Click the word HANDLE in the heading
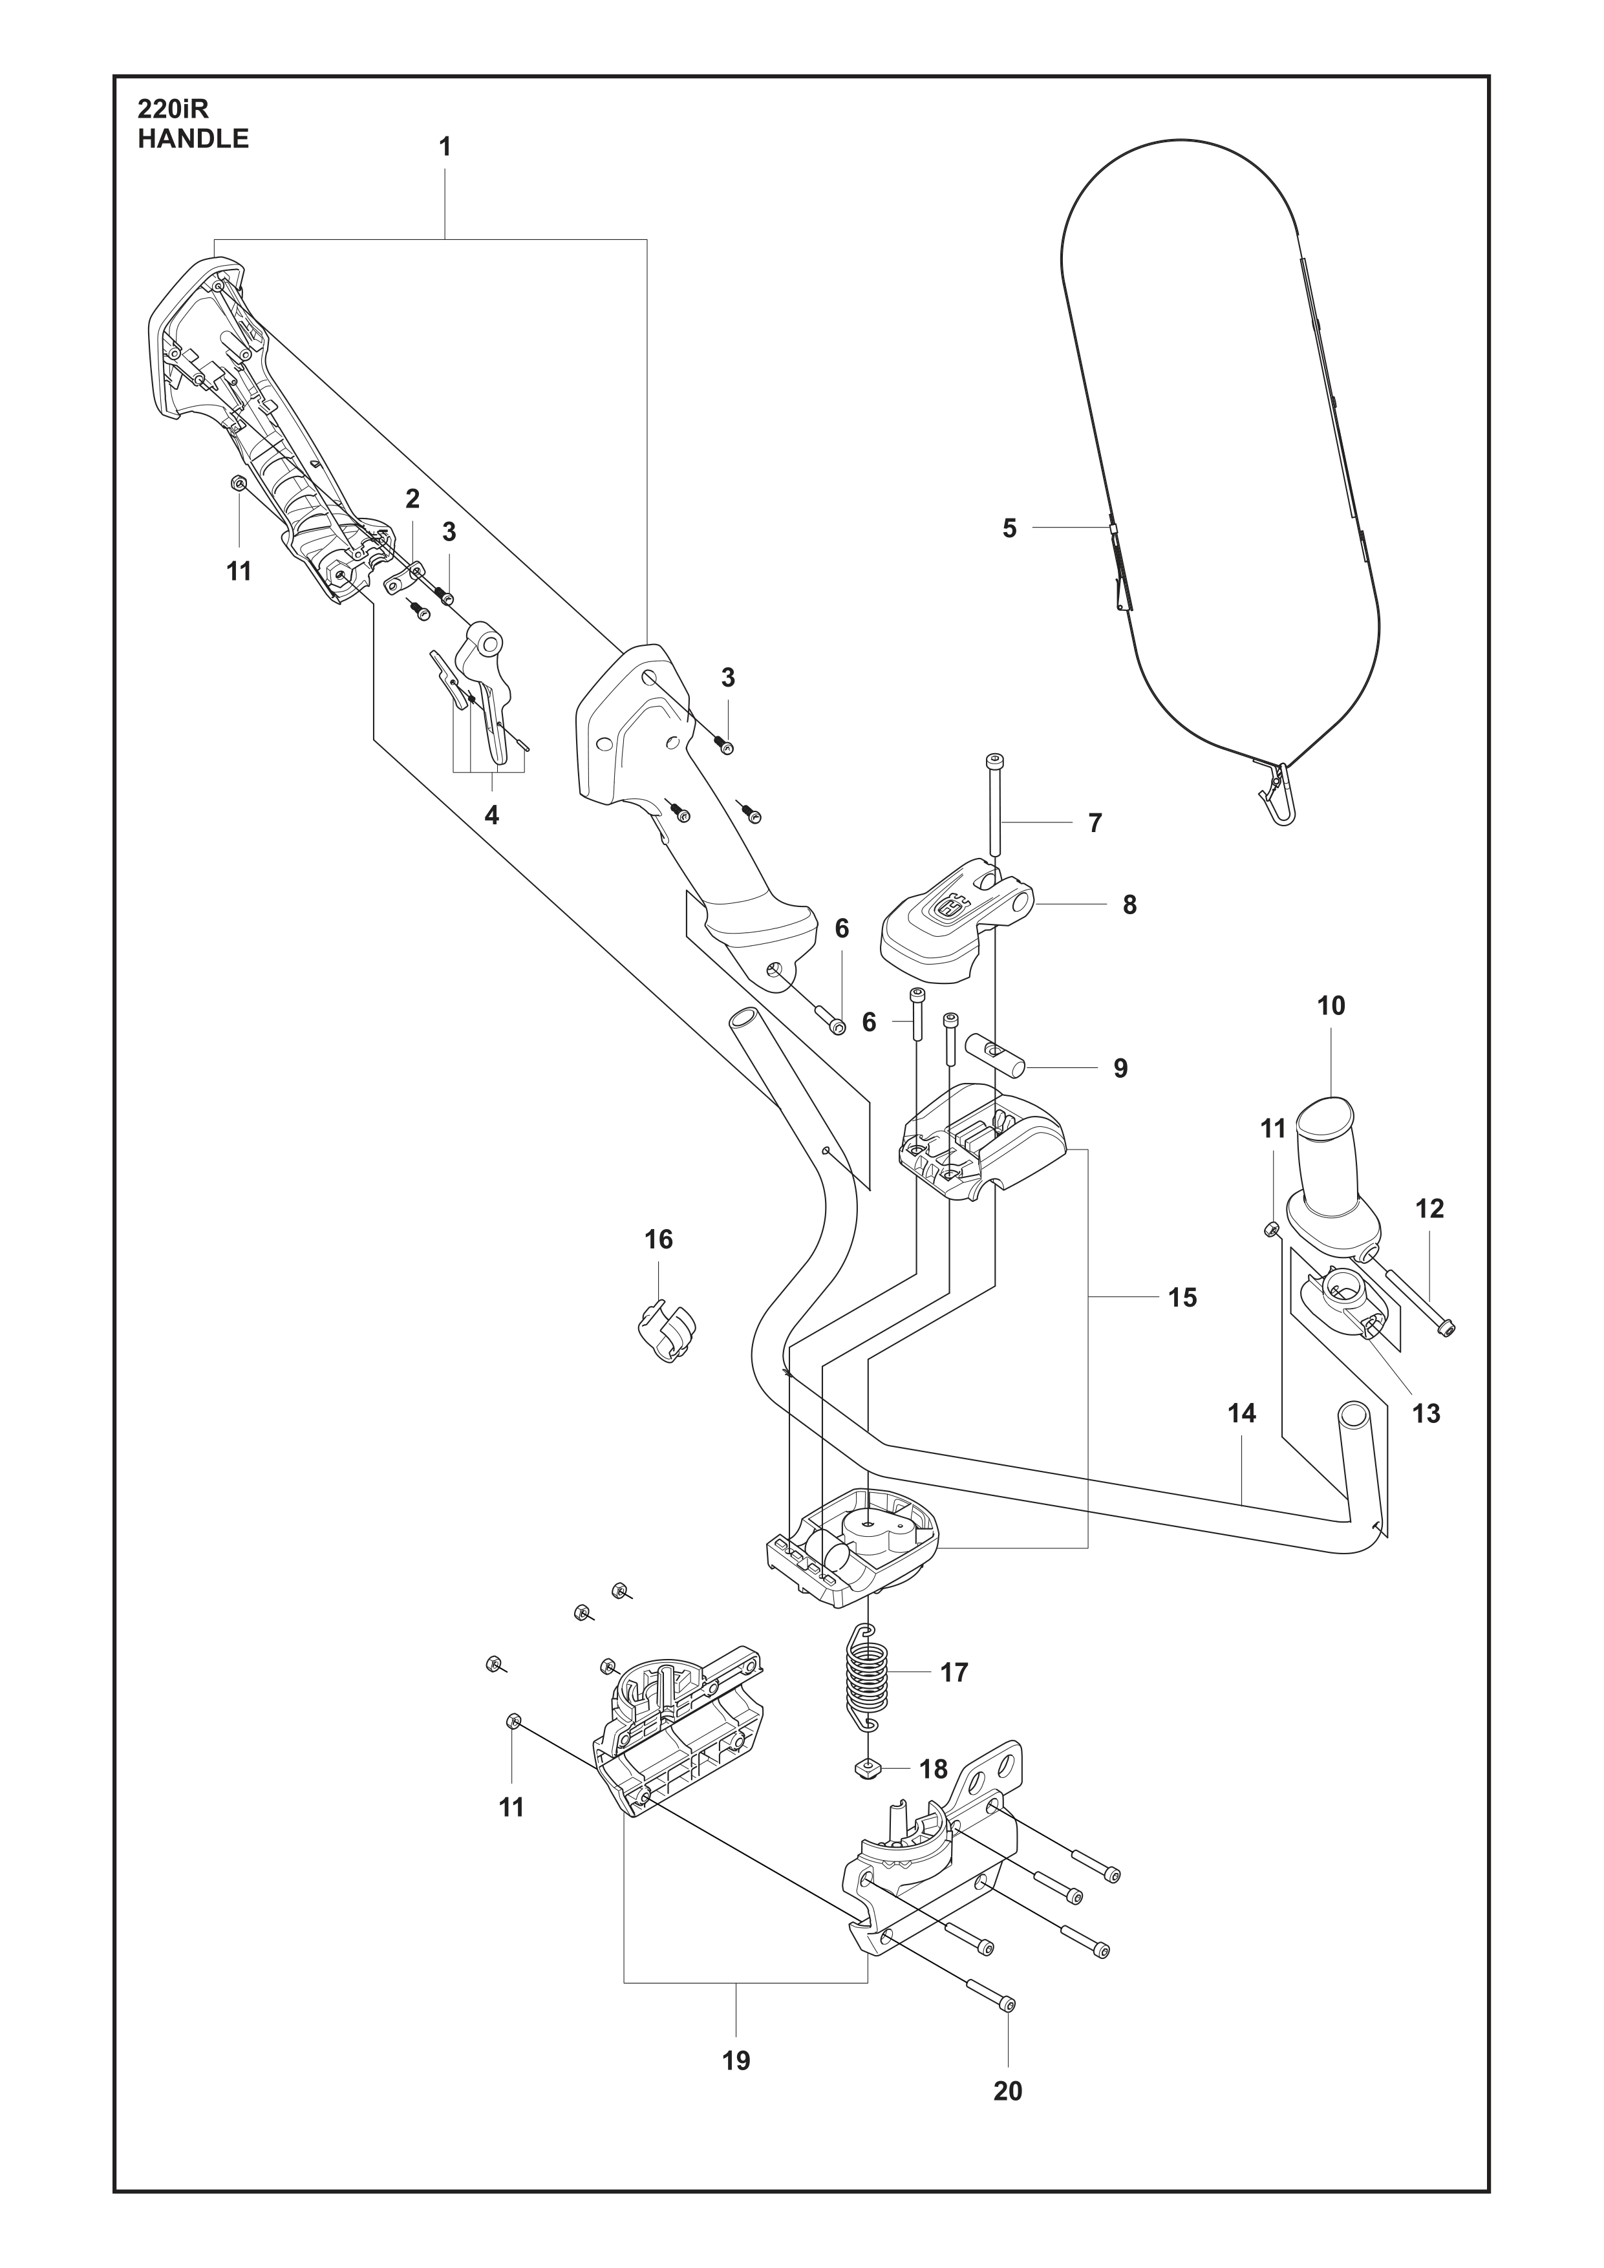(193, 139)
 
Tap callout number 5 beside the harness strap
(1009, 528)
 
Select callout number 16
(659, 1239)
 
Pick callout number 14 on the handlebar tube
(1241, 1413)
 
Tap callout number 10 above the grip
(1331, 1005)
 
